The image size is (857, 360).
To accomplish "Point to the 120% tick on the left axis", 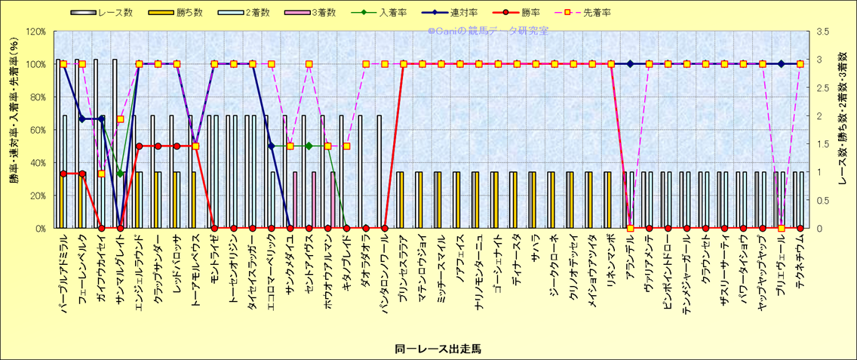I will (35, 32).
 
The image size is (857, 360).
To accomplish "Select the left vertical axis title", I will (14, 130).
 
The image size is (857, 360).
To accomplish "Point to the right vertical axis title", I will (843, 130).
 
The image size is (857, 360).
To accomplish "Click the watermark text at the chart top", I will (488, 31).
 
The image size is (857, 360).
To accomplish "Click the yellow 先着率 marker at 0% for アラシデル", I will (631, 228).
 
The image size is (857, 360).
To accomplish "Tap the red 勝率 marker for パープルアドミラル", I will (63, 174).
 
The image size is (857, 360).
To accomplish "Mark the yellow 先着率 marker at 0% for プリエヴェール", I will (782, 228).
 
